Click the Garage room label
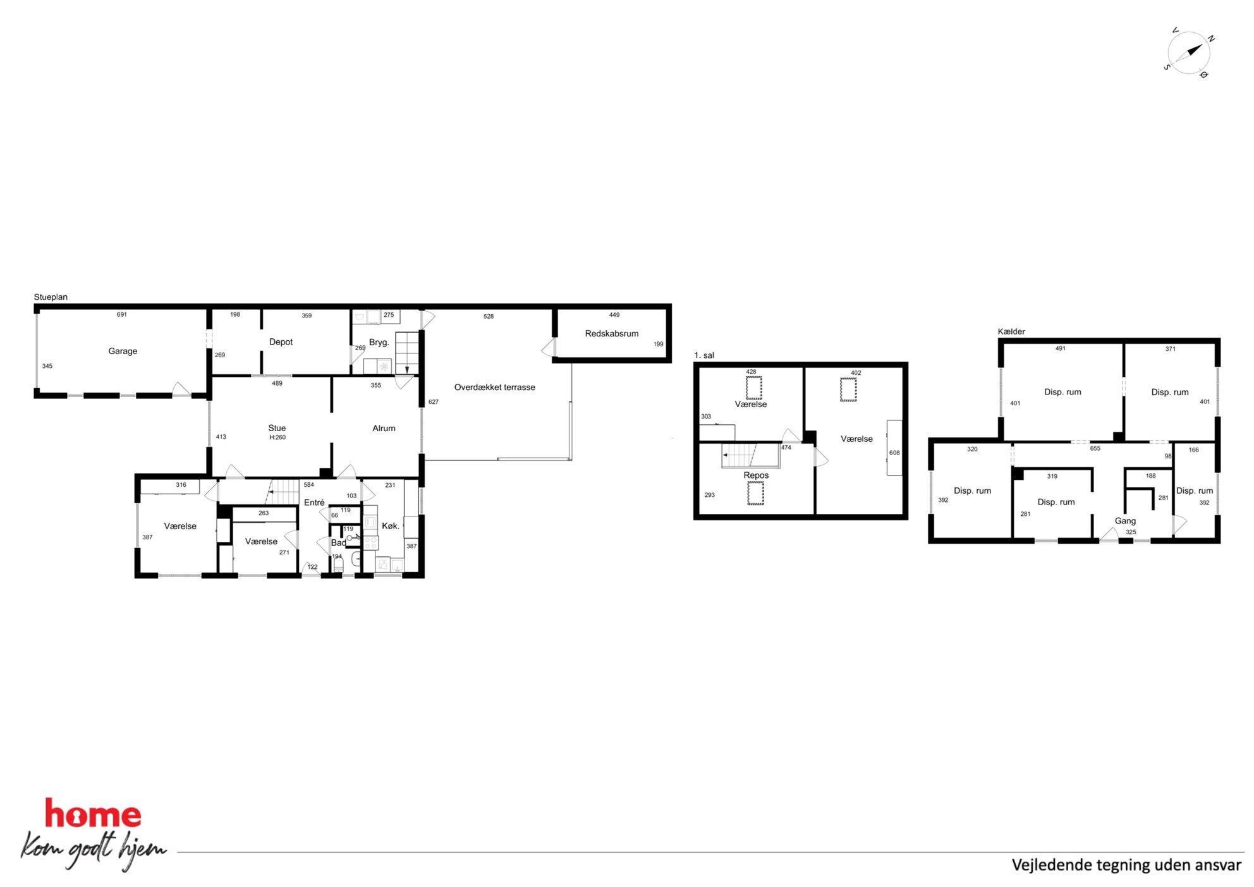123,351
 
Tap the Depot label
281,342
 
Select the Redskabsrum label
611,333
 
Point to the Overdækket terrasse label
494,387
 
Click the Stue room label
277,428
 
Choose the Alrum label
384,428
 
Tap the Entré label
314,503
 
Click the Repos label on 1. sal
756,475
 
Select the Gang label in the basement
1125,521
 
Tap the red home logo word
93,814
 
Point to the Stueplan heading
51,297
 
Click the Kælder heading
1011,331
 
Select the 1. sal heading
704,355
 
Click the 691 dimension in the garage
122,314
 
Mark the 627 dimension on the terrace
434,401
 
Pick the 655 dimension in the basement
1095,448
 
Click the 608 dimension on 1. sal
894,453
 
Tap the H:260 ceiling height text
277,437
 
